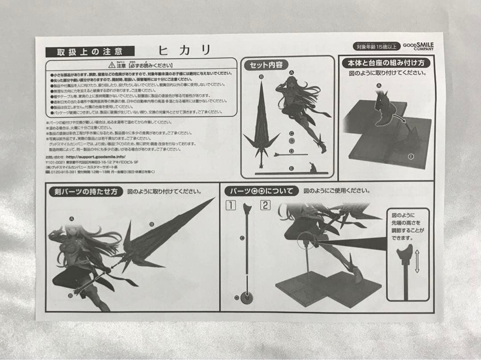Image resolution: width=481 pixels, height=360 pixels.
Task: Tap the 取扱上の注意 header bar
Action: click(90, 52)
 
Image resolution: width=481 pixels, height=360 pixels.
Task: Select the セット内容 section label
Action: click(265, 65)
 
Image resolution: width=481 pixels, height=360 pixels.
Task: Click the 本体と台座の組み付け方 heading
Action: click(386, 63)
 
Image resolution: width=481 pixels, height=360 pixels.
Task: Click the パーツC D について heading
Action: click(261, 191)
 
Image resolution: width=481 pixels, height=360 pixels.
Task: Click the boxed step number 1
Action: click(230, 205)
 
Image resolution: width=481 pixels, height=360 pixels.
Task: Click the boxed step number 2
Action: click(265, 205)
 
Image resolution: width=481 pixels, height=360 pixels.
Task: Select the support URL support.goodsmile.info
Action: click(95, 157)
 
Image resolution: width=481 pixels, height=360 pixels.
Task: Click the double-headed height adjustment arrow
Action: click(417, 261)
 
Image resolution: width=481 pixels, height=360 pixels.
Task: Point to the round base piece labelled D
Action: click(244, 298)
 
